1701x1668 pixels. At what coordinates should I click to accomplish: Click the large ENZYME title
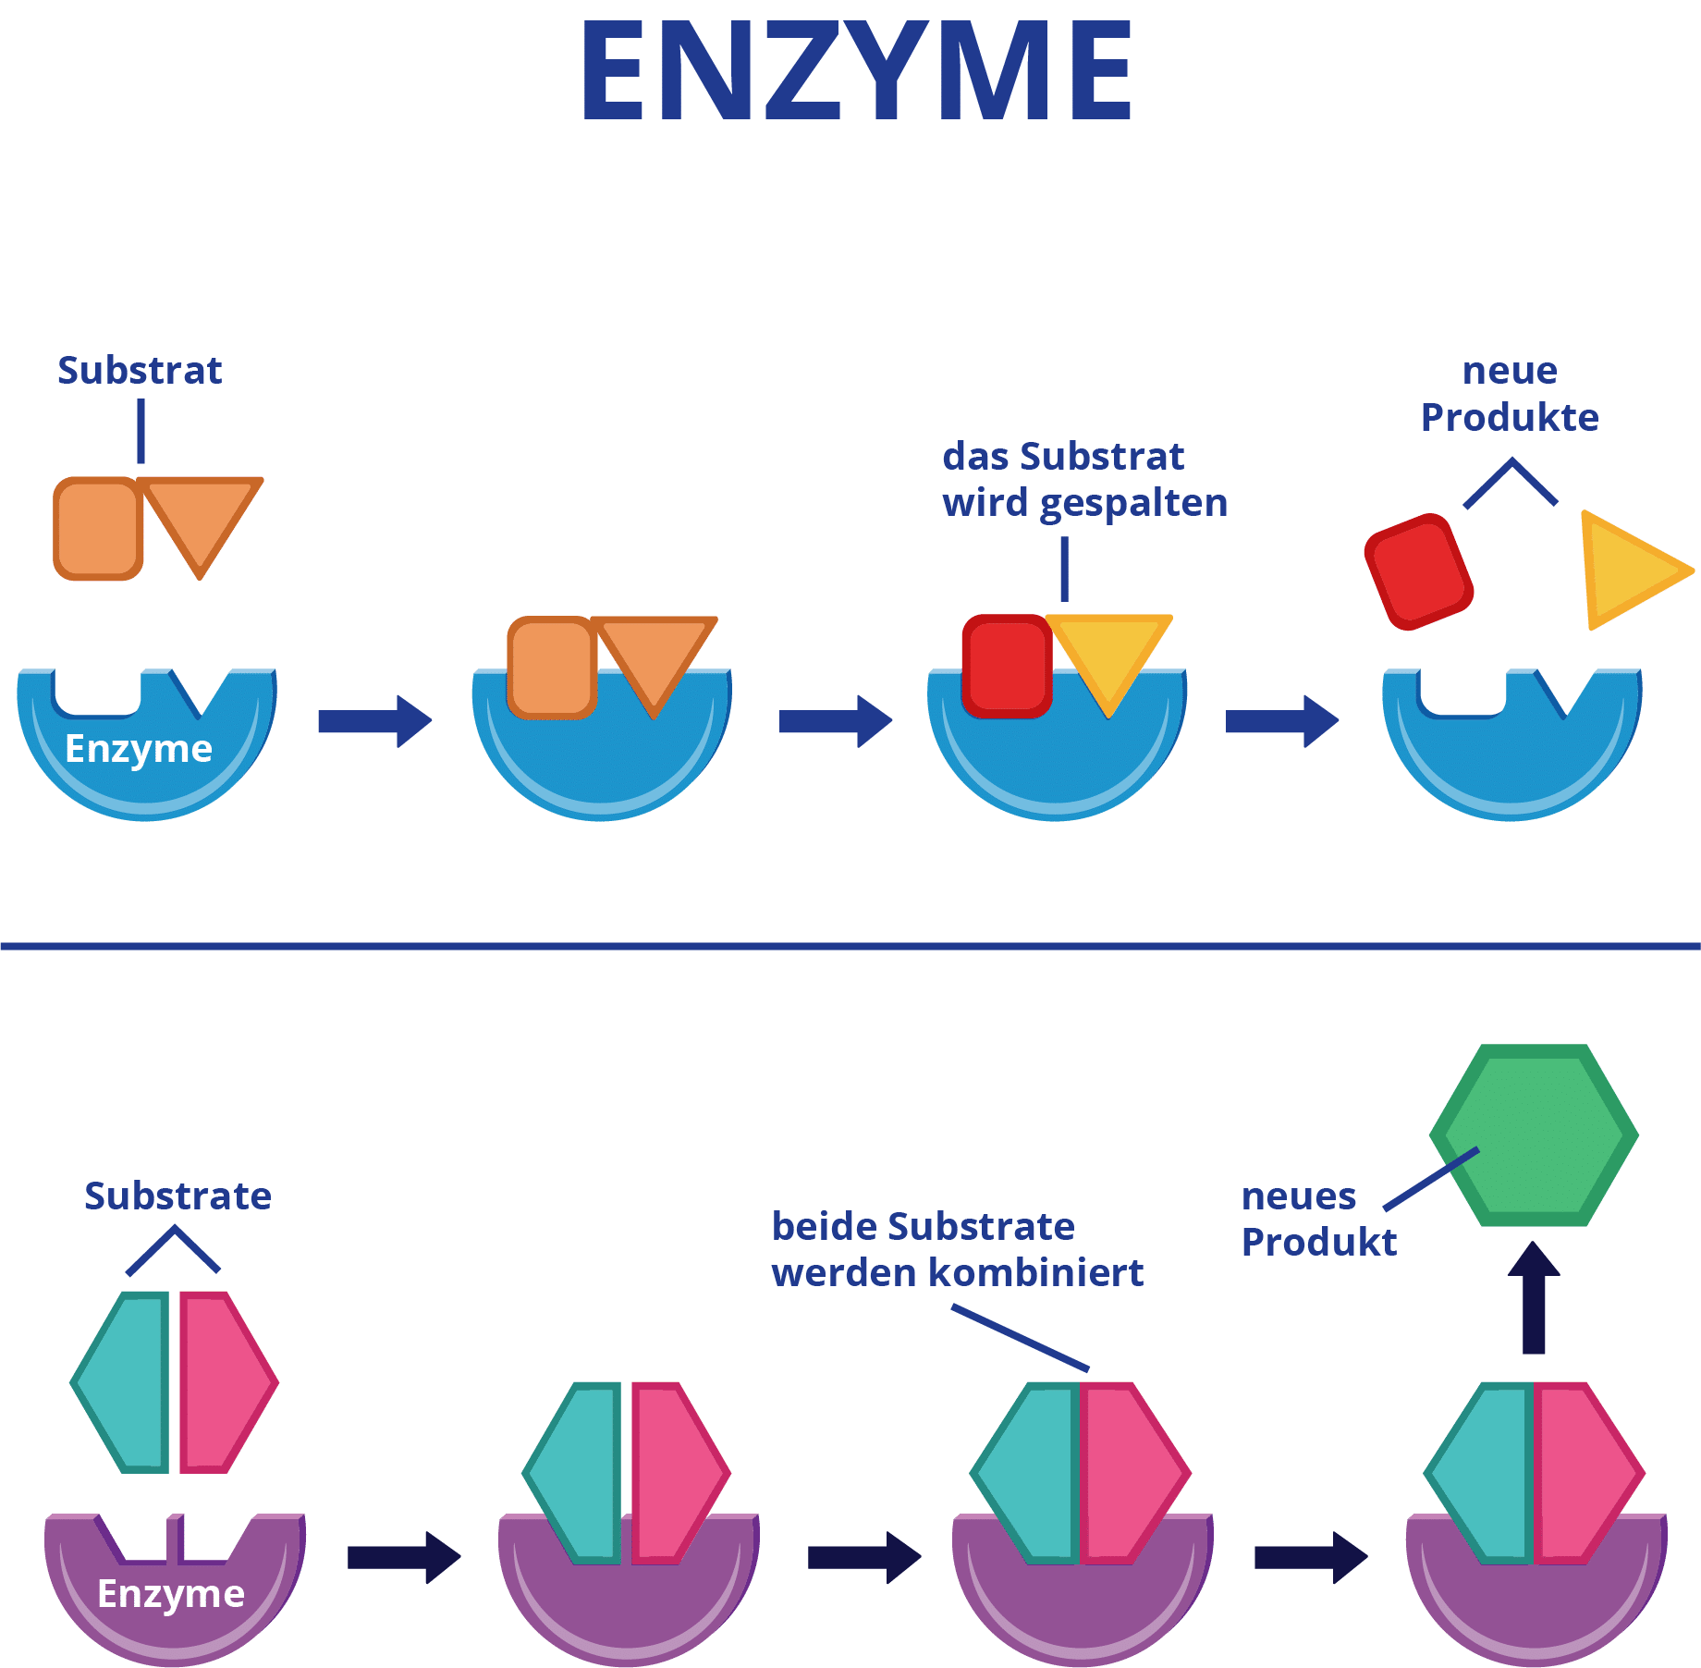pyautogui.click(x=856, y=72)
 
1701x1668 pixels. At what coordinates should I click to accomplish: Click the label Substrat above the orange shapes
pyautogui.click(x=140, y=371)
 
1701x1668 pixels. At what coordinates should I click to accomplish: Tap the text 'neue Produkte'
pyautogui.click(x=1510, y=394)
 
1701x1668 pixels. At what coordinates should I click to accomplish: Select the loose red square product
pyautogui.click(x=1418, y=571)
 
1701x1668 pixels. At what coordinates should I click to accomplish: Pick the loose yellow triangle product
pyautogui.click(x=1628, y=570)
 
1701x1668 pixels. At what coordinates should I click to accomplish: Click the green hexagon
pyautogui.click(x=1535, y=1135)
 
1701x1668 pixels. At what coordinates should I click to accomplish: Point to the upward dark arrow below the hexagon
pyautogui.click(x=1534, y=1298)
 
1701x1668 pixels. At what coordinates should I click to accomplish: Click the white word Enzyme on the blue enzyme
pyautogui.click(x=139, y=749)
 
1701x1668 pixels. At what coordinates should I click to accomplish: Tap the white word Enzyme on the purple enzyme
pyautogui.click(x=171, y=1594)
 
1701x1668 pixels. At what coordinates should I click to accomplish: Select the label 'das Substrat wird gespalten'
pyautogui.click(x=1084, y=480)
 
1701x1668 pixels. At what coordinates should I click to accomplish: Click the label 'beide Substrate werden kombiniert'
pyautogui.click(x=957, y=1250)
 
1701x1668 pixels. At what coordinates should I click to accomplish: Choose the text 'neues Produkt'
pyautogui.click(x=1317, y=1220)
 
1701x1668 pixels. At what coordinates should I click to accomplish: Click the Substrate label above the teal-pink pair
pyautogui.click(x=177, y=1196)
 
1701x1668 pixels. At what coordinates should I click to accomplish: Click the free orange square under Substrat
pyautogui.click(x=98, y=529)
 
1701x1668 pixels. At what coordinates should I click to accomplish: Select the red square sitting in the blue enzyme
pyautogui.click(x=1006, y=666)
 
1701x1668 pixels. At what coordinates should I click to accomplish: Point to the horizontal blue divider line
pyautogui.click(x=850, y=946)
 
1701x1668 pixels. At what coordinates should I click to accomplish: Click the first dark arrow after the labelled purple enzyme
pyautogui.click(x=403, y=1557)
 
